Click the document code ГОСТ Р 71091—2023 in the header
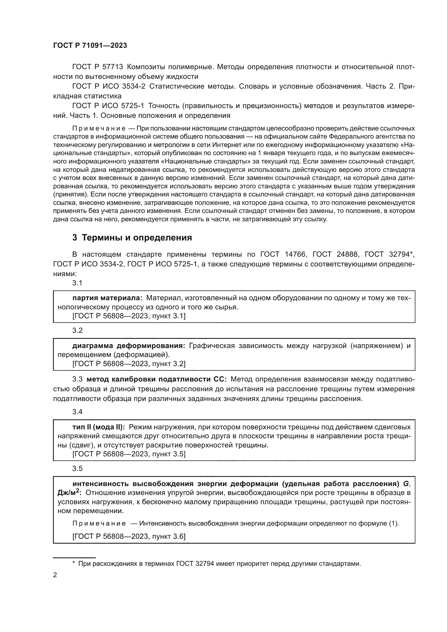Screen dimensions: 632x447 pyautogui.click(x=90, y=45)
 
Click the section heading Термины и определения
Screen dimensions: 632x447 pyautogui.click(x=136, y=238)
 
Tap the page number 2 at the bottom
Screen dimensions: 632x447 pyautogui.click(x=55, y=575)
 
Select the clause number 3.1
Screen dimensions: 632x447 pyautogui.click(x=77, y=283)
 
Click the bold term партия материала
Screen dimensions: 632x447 pyautogui.click(x=107, y=298)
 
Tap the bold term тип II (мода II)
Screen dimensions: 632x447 pyautogui.click(x=99, y=427)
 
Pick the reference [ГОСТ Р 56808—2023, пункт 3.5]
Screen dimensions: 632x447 pyautogui.click(x=129, y=454)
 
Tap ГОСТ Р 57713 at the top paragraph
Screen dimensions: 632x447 pyautogui.click(x=98, y=67)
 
